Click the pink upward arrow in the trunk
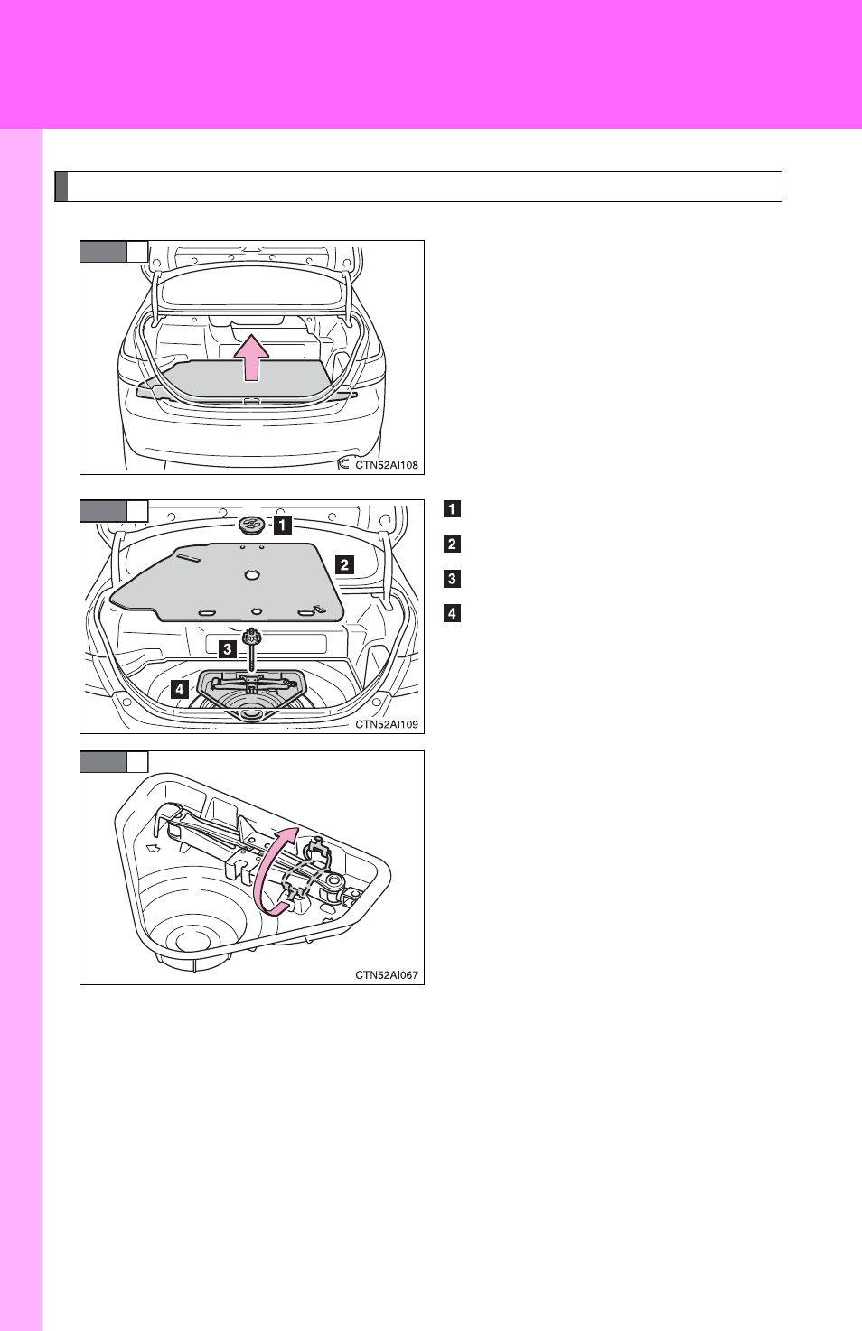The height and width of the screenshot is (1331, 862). point(251,358)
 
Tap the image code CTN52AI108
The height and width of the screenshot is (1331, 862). point(387,465)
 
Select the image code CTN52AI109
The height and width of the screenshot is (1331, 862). point(387,724)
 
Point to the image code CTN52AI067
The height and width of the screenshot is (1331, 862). point(387,975)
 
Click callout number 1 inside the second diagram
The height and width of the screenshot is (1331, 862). point(283,526)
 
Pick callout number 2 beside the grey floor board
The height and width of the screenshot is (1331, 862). point(344,564)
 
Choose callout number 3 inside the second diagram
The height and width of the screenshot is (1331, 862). point(227,649)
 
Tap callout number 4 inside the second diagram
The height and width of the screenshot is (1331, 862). point(180,689)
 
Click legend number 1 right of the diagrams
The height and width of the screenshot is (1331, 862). point(453,509)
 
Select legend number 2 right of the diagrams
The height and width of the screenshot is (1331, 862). point(453,544)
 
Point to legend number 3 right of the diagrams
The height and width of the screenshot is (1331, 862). point(453,579)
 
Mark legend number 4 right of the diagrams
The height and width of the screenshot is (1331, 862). point(453,613)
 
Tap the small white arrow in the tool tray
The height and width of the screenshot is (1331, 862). point(154,848)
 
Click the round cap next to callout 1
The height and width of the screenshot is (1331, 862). point(252,526)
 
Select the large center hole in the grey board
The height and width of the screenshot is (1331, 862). point(252,574)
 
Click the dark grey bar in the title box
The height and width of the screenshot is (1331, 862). point(61,187)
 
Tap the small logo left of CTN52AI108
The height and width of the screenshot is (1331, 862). point(343,464)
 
